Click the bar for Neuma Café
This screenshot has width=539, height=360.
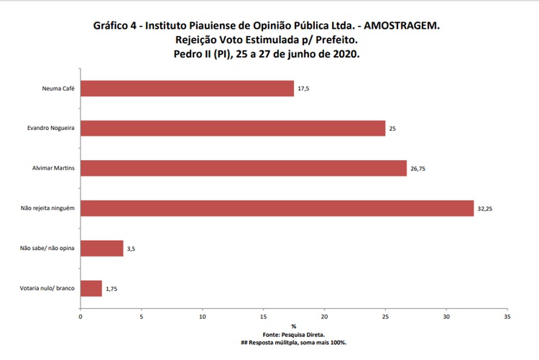point(187,88)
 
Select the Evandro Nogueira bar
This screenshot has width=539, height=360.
point(233,129)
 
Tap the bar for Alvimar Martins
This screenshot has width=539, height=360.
point(244,168)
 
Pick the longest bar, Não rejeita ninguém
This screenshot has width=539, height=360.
point(277,208)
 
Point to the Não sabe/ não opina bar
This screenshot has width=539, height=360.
point(101,249)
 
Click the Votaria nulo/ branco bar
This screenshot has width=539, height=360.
point(91,288)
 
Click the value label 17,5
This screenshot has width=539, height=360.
point(303,89)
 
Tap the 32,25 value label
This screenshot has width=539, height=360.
point(485,209)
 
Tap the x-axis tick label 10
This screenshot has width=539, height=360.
point(203,316)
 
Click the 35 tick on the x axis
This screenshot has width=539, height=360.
point(507,316)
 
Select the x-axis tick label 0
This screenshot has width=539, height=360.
point(80,316)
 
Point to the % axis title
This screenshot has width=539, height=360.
point(294,326)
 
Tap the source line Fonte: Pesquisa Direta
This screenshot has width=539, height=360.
point(294,334)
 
